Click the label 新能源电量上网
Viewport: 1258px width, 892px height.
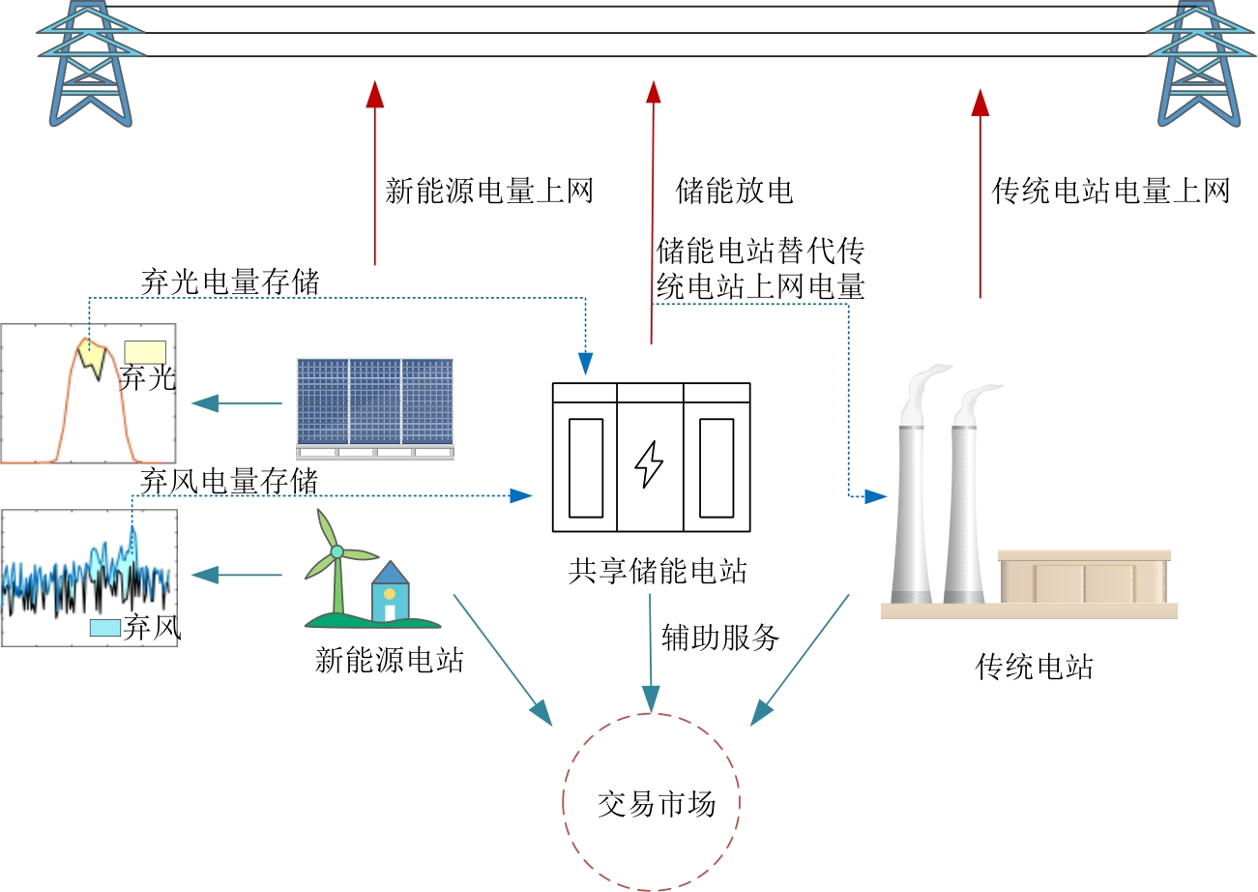point(488,191)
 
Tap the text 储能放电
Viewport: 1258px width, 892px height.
point(734,191)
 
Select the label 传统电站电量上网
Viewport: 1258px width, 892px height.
point(1111,191)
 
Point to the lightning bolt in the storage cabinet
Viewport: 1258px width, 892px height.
point(649,465)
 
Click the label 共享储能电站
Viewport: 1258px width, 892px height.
point(658,571)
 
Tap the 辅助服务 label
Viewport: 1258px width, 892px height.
point(720,637)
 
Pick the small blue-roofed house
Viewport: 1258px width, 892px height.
point(391,591)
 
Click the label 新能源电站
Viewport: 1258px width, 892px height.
point(390,662)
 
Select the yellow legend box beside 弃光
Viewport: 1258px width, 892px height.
point(145,351)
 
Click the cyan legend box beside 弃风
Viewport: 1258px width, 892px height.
point(104,627)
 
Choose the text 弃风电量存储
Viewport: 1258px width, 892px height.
point(229,481)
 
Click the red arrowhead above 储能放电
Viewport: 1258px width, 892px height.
point(653,92)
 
